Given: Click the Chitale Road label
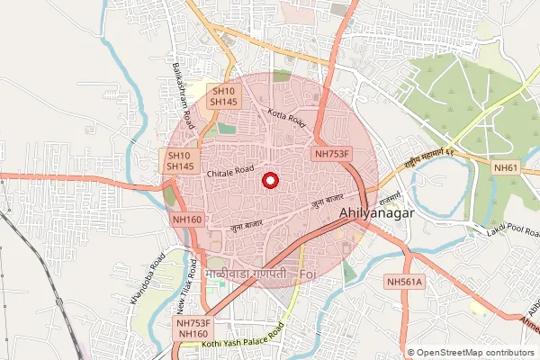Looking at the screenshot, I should coord(225,170).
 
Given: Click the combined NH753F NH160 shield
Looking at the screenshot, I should coord(193,328).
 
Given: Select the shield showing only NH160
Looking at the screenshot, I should coord(186,220).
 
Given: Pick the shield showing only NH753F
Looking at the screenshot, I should coord(332,155).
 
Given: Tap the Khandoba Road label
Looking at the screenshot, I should coord(146,286).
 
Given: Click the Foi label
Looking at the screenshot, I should coord(307,272).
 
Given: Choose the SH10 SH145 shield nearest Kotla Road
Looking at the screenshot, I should coord(223,96).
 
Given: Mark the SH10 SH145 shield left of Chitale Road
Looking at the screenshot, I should coord(180,161).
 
